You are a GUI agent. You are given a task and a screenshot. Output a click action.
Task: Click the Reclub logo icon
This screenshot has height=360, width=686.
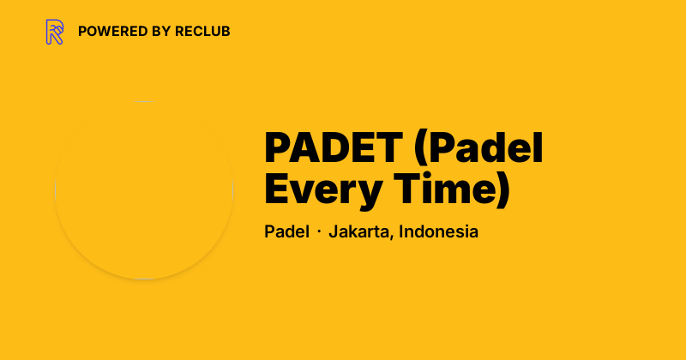(x=55, y=32)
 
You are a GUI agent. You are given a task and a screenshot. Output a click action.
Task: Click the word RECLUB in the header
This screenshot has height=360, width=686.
(x=202, y=32)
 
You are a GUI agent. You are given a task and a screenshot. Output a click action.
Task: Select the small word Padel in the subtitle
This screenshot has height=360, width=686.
(x=286, y=231)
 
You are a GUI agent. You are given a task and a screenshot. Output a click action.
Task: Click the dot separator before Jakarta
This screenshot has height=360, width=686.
(x=318, y=232)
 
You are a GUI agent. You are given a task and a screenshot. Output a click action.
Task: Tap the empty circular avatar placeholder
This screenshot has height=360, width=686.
(x=144, y=190)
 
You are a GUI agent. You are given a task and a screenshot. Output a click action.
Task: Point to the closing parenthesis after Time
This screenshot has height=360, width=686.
(x=503, y=191)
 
